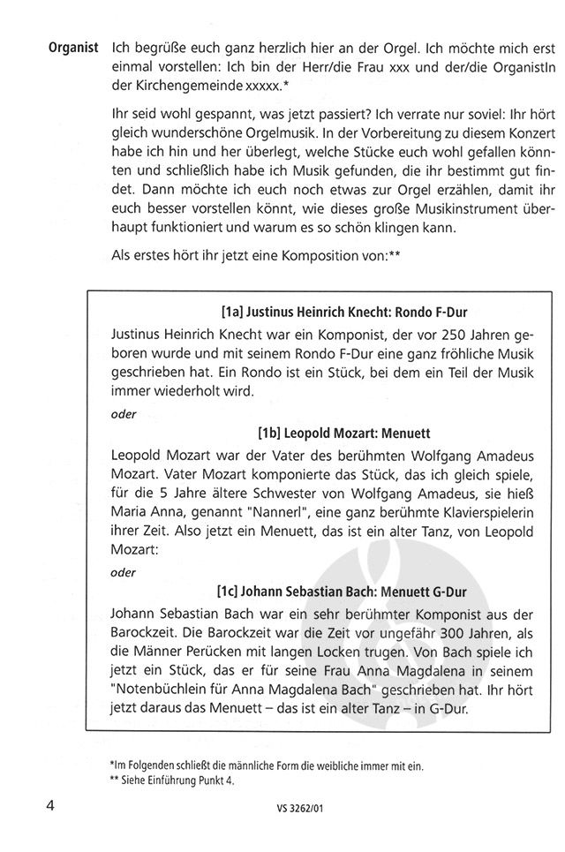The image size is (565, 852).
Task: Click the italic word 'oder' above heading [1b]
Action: point(124,413)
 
